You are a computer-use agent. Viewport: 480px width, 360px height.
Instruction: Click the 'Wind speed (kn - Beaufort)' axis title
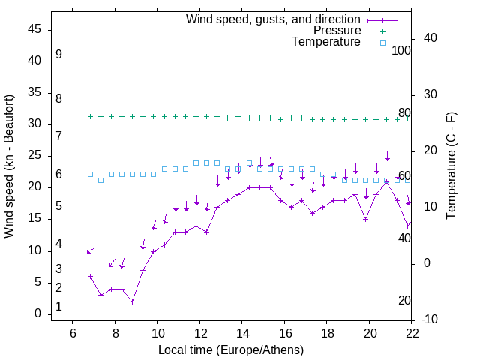(8, 166)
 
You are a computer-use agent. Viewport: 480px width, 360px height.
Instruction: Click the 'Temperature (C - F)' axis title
(451, 166)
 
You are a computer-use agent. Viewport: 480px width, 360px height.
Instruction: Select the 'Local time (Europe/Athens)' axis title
(231, 349)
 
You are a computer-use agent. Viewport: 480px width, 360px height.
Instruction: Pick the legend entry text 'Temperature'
(325, 42)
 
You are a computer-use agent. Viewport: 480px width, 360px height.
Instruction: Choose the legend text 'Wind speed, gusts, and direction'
(273, 19)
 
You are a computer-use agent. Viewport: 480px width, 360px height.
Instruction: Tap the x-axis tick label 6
(72, 333)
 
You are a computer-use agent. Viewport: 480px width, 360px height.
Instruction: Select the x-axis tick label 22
(411, 333)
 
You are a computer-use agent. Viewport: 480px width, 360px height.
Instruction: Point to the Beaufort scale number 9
(58, 55)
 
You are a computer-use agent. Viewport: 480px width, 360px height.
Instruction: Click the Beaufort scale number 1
(58, 307)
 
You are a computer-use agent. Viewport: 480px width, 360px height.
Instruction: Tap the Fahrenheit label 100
(401, 51)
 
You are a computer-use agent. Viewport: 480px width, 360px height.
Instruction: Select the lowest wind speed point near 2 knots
(132, 301)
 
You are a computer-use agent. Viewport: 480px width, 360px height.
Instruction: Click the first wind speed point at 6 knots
(91, 276)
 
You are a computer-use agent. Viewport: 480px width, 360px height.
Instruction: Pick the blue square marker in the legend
(382, 43)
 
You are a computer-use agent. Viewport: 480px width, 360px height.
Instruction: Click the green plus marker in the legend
(382, 31)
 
